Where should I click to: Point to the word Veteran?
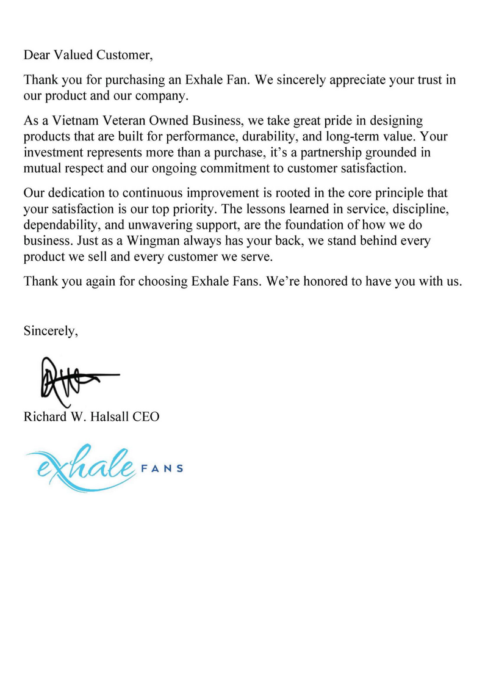124,121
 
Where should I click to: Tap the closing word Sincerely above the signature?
51,332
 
